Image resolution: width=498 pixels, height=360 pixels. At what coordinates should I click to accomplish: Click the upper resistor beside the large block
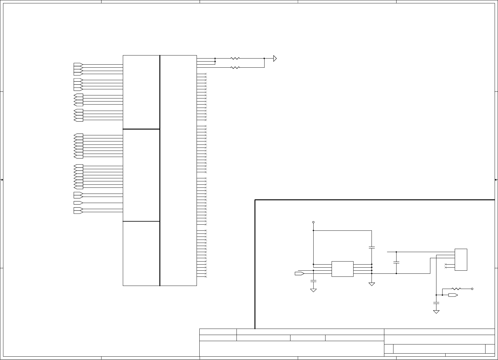pos(235,58)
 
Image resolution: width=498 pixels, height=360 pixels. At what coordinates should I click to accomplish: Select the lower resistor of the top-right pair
pos(235,67)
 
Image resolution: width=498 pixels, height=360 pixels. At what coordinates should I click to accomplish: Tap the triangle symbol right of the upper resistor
pos(275,58)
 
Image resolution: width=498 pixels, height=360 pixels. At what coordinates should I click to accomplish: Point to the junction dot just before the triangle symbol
pos(264,58)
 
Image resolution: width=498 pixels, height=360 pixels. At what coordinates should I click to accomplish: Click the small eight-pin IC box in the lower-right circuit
pos(342,269)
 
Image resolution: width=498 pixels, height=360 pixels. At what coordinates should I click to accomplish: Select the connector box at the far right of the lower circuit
pos(461,260)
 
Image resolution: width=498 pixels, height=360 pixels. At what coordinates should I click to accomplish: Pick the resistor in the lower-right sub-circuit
pos(456,289)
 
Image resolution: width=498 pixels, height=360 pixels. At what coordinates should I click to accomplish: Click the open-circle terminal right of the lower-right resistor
pos(472,289)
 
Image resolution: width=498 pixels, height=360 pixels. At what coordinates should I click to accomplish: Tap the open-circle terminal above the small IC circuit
pos(313,222)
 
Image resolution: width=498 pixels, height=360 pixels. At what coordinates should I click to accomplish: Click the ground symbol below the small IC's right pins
pos(372,284)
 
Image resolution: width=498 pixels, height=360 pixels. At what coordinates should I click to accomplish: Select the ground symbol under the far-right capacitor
pos(436,312)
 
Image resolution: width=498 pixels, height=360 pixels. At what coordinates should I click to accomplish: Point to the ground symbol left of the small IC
pos(313,290)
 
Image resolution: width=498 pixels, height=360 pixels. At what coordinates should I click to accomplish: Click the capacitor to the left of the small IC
pos(313,280)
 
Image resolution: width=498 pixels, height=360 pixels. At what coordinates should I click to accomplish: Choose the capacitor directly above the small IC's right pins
pos(372,248)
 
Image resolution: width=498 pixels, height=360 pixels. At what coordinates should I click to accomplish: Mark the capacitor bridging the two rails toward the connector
pos(396,262)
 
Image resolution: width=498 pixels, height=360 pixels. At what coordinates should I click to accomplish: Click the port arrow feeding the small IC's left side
pos(299,273)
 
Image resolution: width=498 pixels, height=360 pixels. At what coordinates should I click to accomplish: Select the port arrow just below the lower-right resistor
pos(453,295)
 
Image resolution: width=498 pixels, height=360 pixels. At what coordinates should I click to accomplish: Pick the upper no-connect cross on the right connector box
pos(446,264)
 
